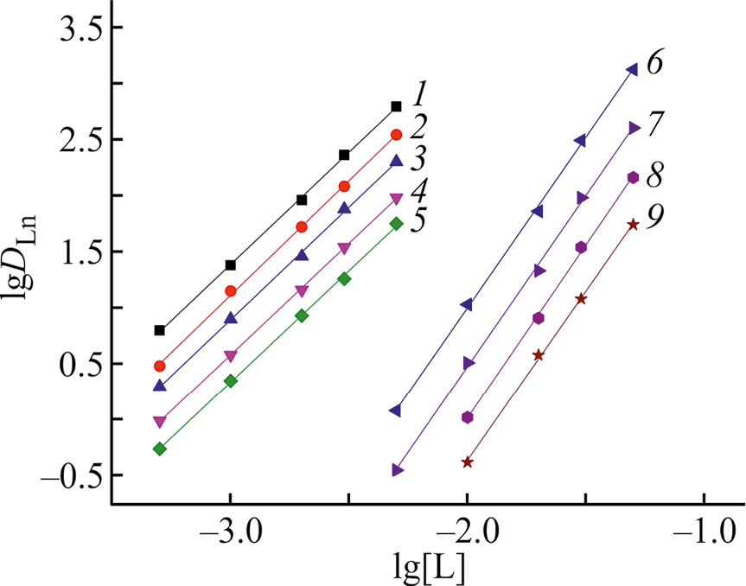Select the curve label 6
pyautogui.click(x=655, y=65)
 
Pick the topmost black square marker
pyautogui.click(x=396, y=106)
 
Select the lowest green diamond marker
pyautogui.click(x=159, y=449)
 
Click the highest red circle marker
pyautogui.click(x=396, y=134)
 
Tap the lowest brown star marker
pyautogui.click(x=467, y=462)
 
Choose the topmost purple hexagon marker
pyautogui.click(x=633, y=177)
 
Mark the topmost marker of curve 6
pyautogui.click(x=632, y=70)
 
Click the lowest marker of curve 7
pyautogui.click(x=397, y=470)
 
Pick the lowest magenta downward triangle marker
pyautogui.click(x=159, y=422)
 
